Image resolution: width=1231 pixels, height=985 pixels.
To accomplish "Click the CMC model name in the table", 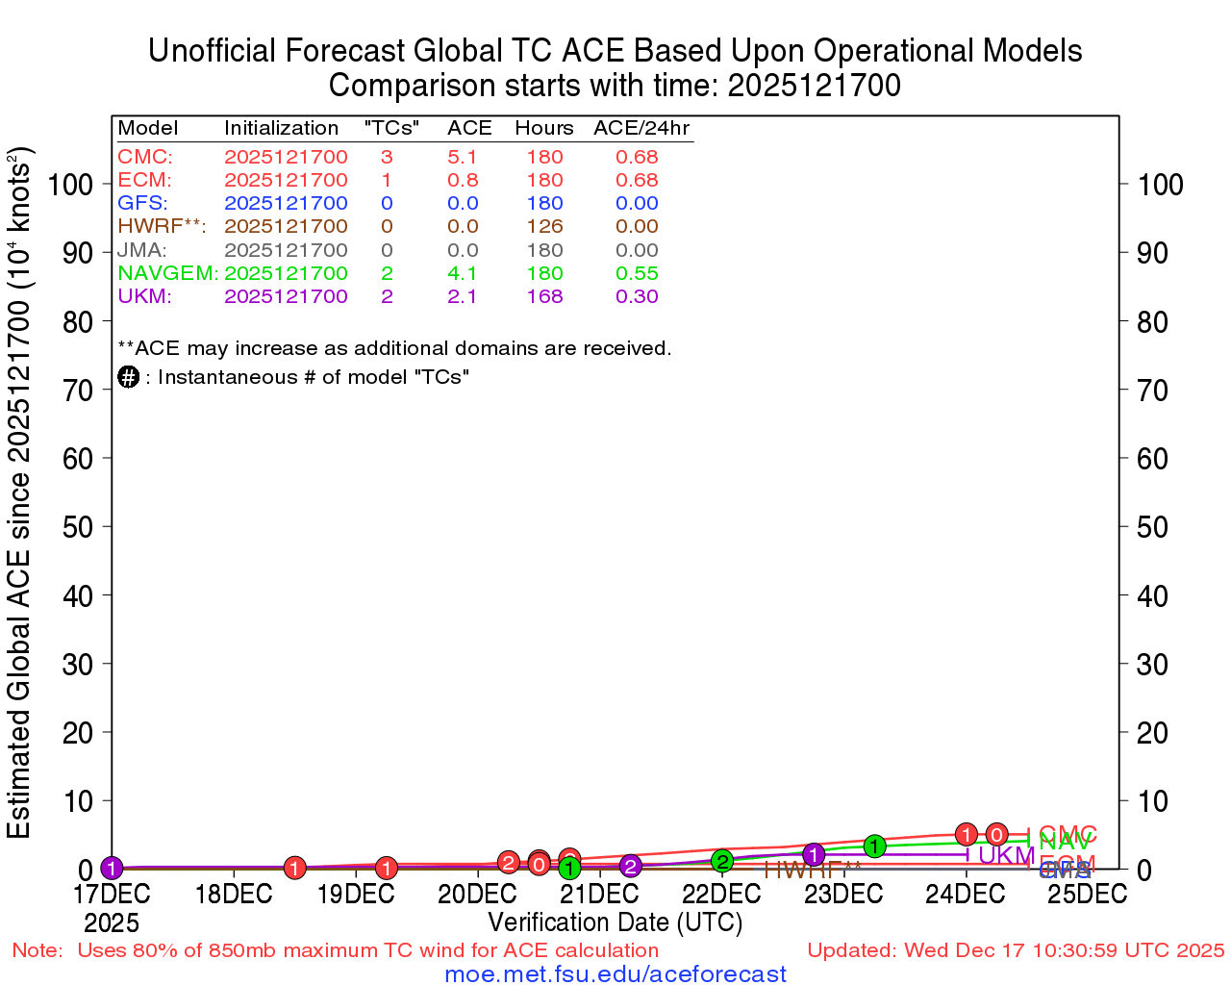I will tap(144, 157).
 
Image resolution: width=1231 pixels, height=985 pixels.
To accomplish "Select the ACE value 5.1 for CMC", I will tap(463, 157).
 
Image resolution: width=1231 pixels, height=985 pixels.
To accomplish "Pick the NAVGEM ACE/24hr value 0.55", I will tap(637, 273).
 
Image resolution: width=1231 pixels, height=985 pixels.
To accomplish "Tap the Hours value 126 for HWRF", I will tap(544, 226).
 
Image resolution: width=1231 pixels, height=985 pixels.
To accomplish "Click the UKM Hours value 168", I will tap(544, 296).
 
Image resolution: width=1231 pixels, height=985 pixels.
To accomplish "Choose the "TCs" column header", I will tap(391, 128).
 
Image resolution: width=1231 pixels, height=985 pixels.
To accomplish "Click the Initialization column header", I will tap(281, 128).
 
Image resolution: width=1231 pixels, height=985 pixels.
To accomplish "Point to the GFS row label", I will tap(142, 203).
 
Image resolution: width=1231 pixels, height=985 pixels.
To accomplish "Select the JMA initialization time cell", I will tap(286, 250).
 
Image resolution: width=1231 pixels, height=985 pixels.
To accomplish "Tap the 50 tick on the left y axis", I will tap(77, 527).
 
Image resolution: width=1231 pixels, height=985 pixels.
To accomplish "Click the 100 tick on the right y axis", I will tap(1161, 185).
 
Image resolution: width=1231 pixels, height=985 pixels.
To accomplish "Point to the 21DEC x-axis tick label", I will tap(600, 894).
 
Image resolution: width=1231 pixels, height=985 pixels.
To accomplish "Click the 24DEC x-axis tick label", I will tap(966, 894).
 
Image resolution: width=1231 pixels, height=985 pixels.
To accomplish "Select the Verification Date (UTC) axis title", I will tap(615, 922).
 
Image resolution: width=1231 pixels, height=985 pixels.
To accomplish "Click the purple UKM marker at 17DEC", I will tap(112, 869).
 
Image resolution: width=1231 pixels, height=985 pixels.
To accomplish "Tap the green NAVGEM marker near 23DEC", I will tap(874, 846).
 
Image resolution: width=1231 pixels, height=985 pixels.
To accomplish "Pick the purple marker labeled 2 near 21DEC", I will tap(630, 867).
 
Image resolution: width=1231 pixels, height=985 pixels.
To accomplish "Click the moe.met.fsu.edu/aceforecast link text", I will tap(615, 974).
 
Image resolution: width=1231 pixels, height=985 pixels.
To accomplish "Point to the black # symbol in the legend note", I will tap(129, 377).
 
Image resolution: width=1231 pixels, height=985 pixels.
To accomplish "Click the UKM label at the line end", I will tap(1006, 855).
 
